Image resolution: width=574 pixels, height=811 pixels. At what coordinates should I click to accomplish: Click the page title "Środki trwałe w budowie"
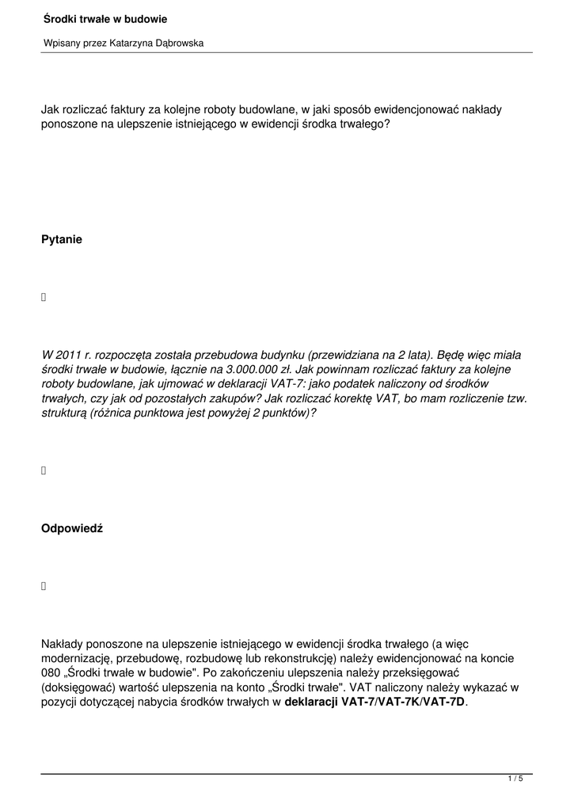105,19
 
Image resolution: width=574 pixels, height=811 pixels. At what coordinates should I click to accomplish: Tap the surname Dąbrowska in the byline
175,43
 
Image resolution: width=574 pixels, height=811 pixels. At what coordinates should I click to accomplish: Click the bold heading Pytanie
62,239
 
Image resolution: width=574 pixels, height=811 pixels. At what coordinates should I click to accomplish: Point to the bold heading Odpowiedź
72,529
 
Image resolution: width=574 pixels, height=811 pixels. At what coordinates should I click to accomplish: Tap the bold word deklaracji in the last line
311,702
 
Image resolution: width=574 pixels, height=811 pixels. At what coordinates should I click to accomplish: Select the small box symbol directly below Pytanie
44,297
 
